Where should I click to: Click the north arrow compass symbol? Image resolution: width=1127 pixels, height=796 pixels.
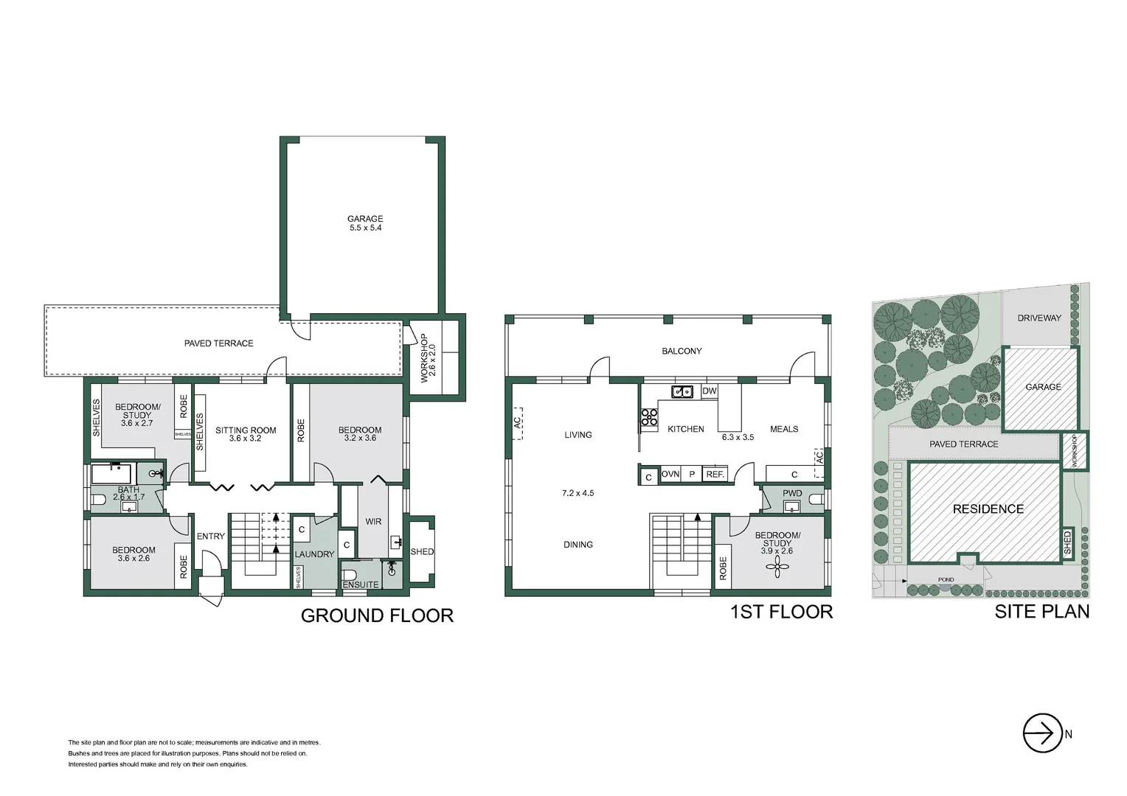1042,733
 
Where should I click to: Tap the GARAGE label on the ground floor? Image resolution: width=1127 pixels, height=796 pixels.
365,218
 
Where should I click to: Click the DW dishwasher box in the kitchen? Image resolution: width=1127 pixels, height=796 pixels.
709,391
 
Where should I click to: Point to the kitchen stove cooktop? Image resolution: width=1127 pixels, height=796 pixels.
648,417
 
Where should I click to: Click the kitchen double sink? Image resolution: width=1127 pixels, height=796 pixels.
682,391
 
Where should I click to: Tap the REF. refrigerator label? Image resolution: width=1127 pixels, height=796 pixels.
715,475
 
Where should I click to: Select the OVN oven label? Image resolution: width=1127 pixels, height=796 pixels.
670,475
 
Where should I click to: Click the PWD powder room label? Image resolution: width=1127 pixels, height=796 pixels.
792,493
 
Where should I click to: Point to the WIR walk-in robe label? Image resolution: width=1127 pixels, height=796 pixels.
373,522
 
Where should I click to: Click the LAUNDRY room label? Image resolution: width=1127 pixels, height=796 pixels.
314,554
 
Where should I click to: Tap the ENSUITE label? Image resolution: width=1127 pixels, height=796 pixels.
361,584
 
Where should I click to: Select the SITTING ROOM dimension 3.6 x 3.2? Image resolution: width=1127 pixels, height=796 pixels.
246,439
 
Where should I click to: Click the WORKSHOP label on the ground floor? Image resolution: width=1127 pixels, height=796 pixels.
424,358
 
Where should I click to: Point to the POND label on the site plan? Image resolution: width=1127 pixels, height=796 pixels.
946,580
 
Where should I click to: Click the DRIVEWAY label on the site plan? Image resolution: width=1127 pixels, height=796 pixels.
1038,318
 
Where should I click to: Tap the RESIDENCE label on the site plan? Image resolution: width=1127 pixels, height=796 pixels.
988,509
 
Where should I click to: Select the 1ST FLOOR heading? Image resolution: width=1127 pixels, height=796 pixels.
781,612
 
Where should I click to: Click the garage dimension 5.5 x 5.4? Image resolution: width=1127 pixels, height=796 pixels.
365,228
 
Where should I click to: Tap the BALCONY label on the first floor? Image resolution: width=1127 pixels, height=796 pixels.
682,352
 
